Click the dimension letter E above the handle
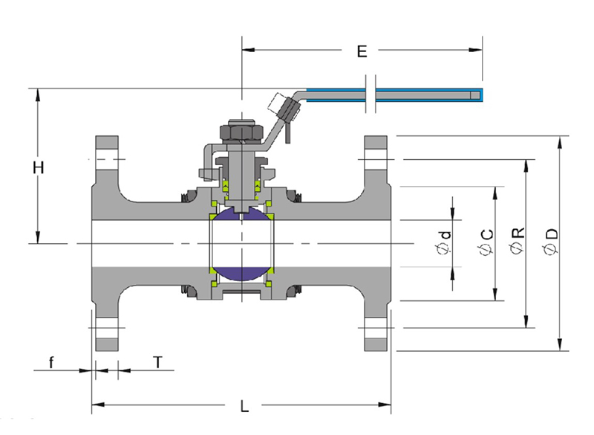tap(362, 51)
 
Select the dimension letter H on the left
tap(39, 167)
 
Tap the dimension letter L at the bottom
tap(245, 406)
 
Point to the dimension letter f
tap(51, 362)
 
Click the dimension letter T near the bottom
tap(158, 362)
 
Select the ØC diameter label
tap(486, 242)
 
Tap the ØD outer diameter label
tap(551, 241)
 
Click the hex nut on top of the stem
tap(241, 131)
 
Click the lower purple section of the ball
tap(242, 274)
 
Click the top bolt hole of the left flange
tap(106, 159)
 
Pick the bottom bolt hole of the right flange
tap(376, 328)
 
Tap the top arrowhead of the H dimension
tap(38, 95)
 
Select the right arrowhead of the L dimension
tap(385, 405)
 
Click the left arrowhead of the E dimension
tap(248, 50)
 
